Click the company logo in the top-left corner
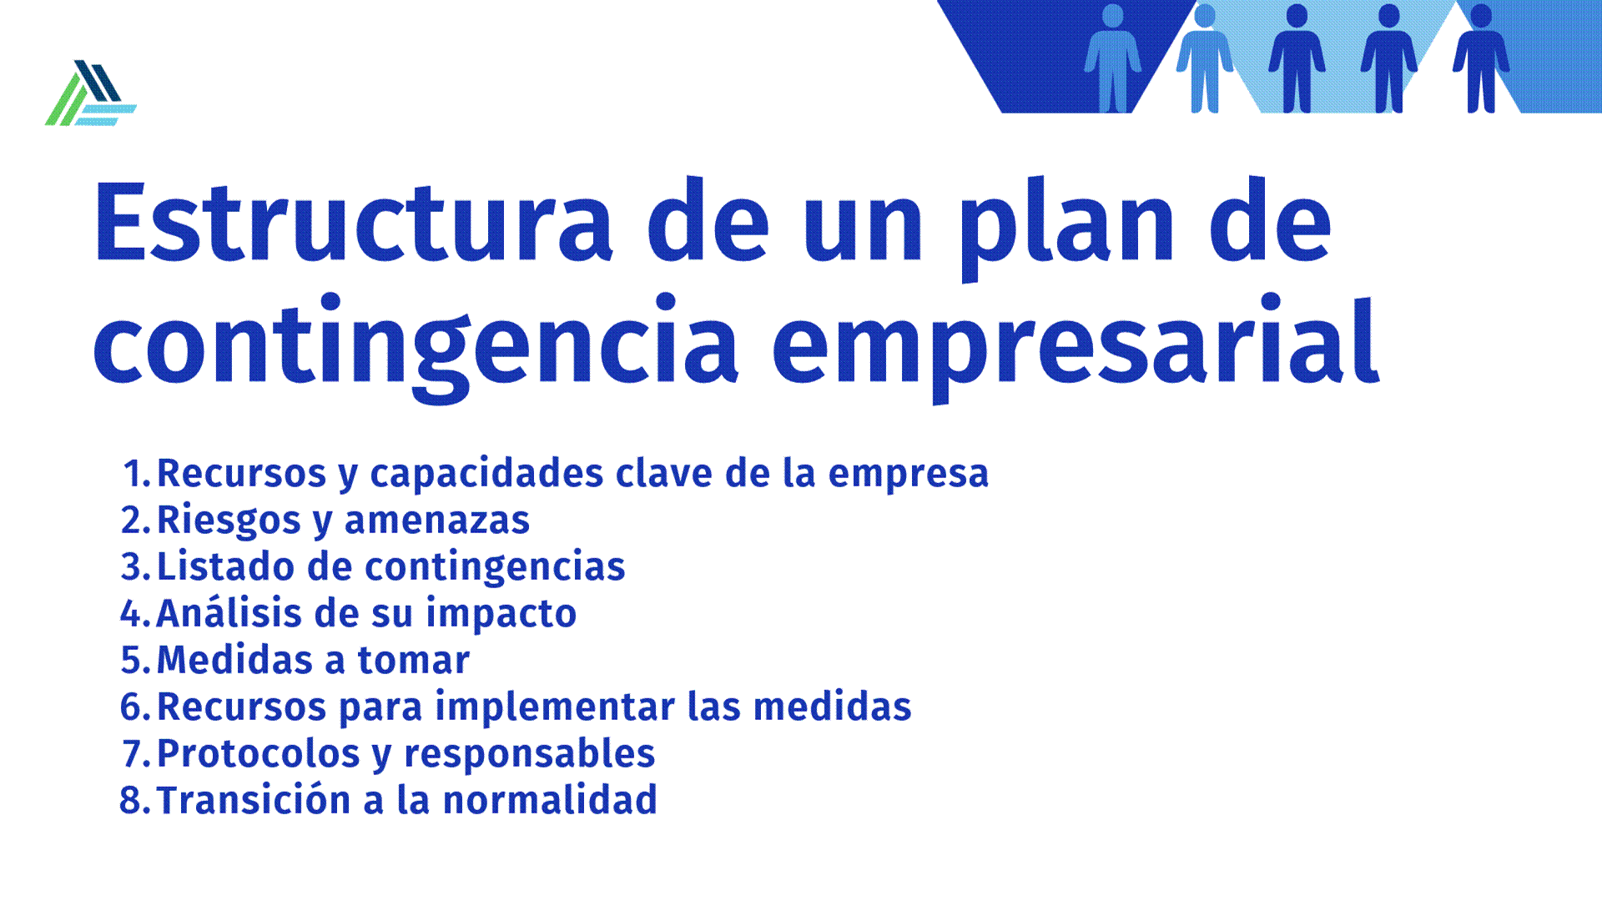click(x=90, y=93)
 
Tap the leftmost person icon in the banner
click(x=1112, y=58)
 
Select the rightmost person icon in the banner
click(x=1481, y=58)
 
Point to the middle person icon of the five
click(x=1297, y=58)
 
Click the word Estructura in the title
click(x=354, y=221)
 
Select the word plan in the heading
click(x=1067, y=229)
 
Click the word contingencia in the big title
click(x=416, y=347)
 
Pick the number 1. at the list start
click(x=138, y=473)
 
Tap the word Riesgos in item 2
click(x=229, y=521)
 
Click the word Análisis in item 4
click(x=229, y=612)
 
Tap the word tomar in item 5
click(x=413, y=661)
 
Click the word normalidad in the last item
click(x=550, y=800)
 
